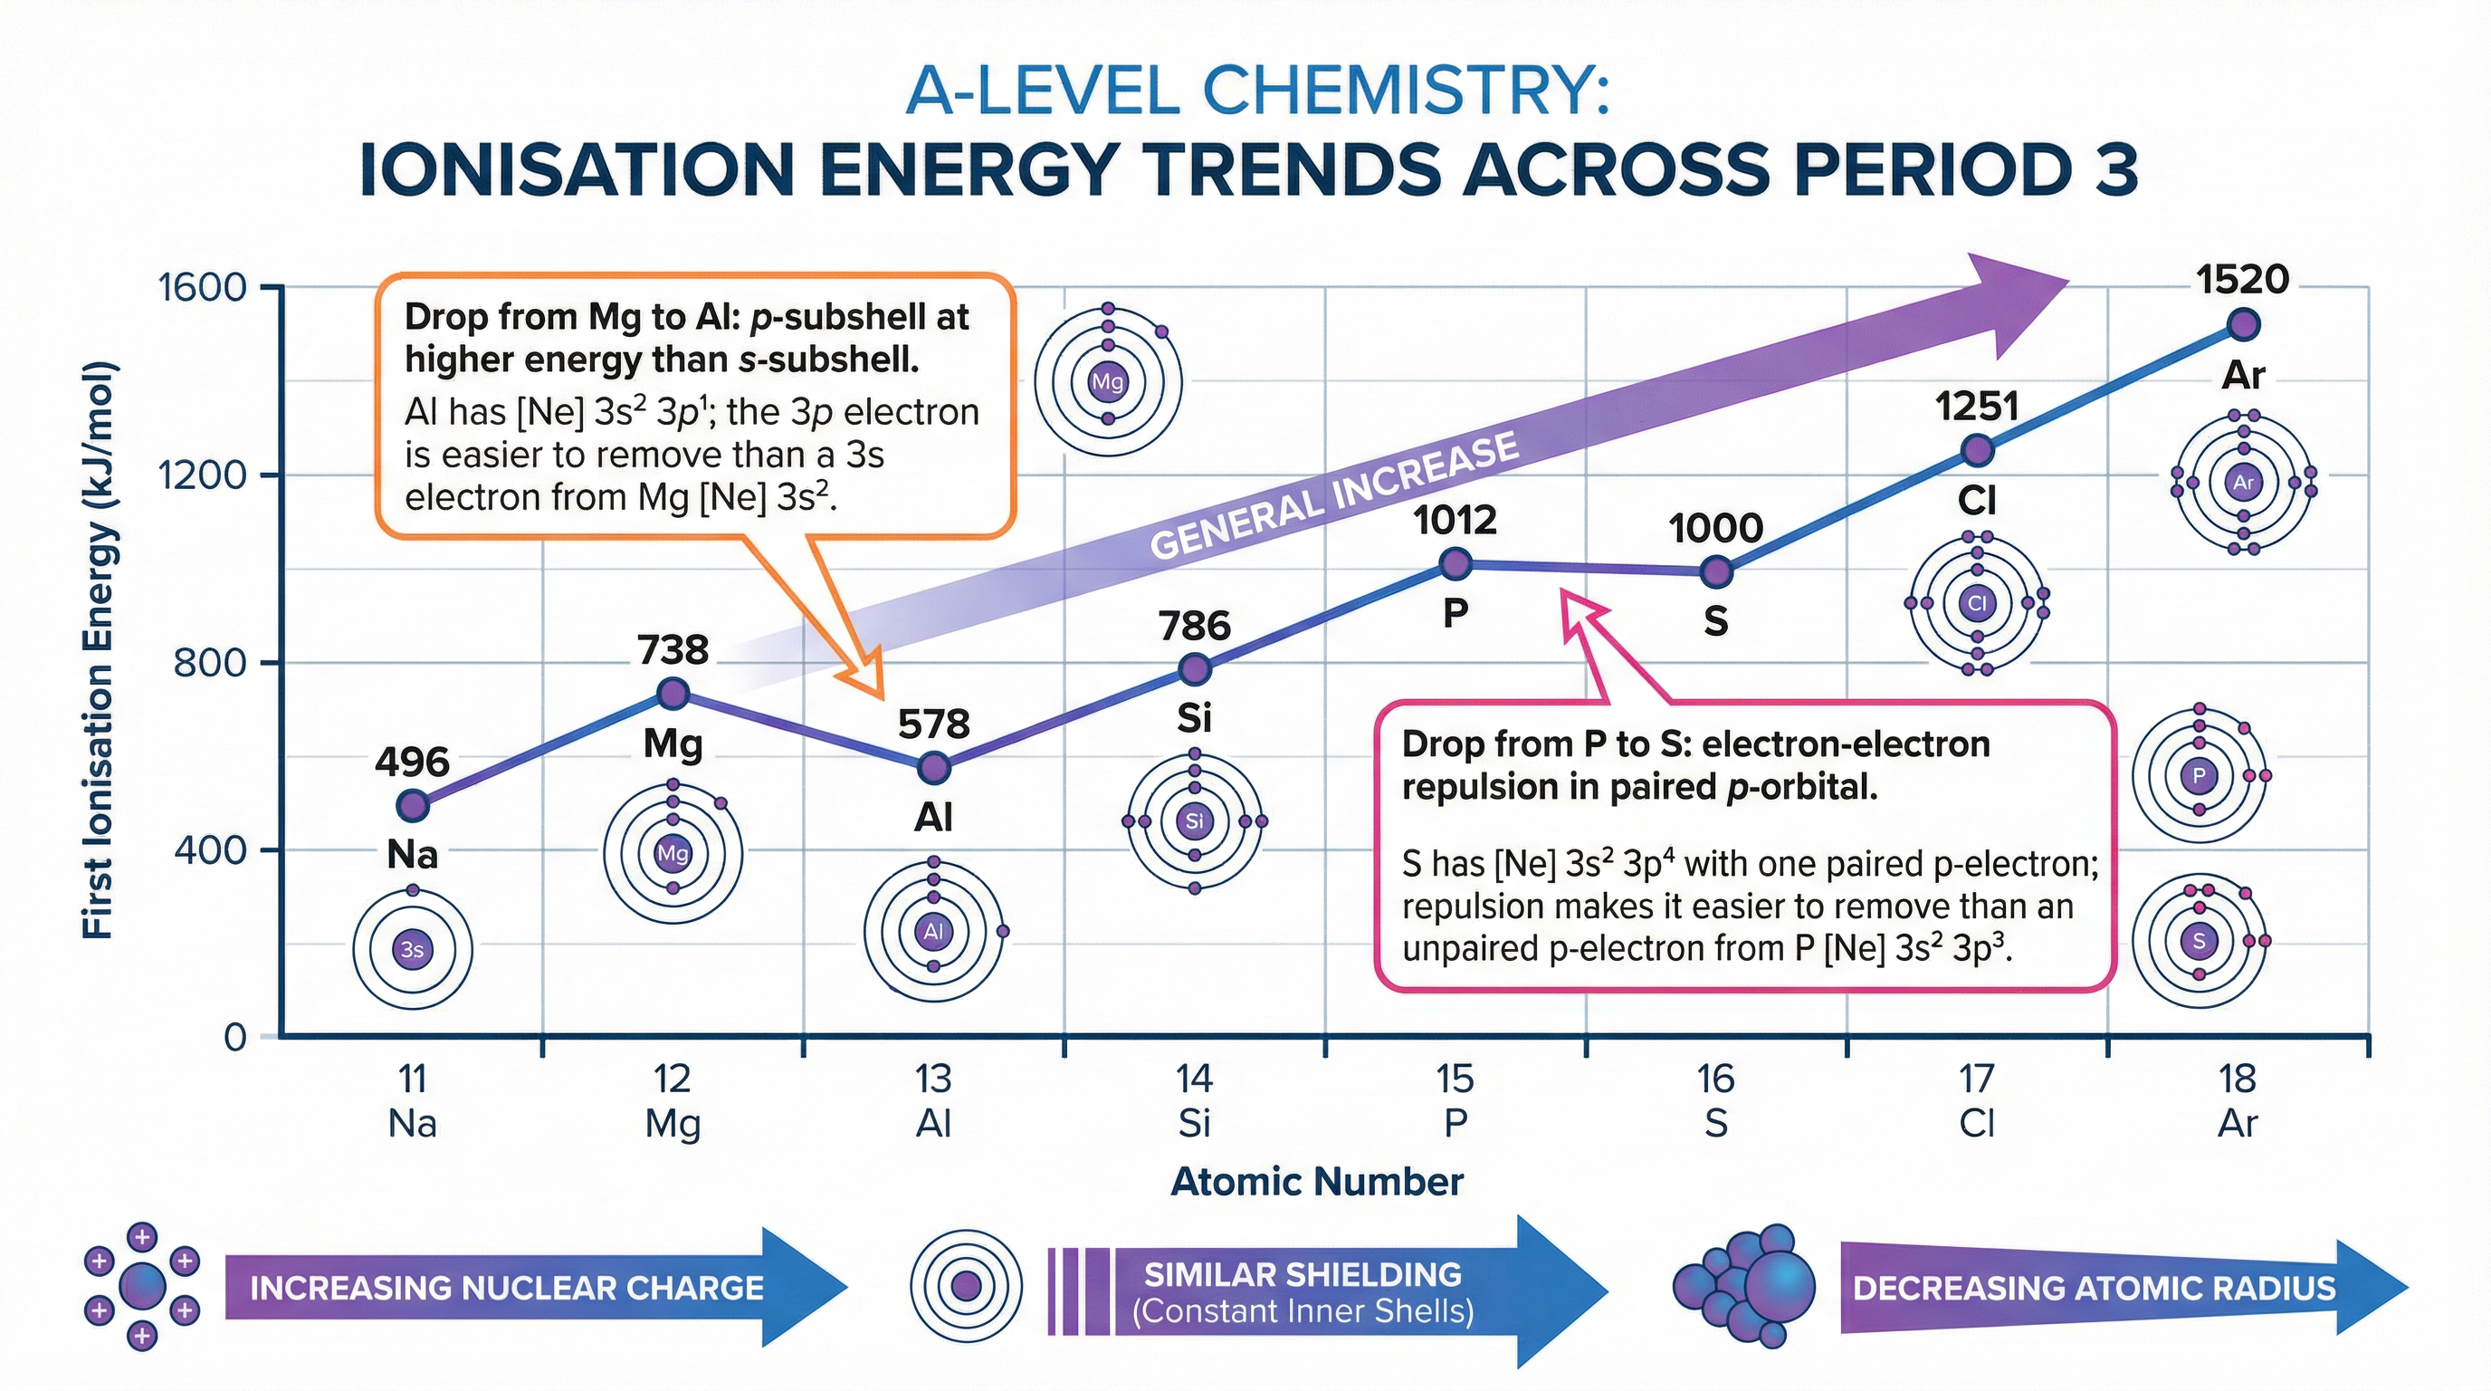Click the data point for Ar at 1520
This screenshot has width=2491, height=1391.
[x=2244, y=325]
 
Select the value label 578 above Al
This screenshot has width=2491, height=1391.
[x=933, y=724]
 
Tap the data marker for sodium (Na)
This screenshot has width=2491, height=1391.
[x=413, y=805]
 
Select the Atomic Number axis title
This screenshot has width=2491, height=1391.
[x=1316, y=1182]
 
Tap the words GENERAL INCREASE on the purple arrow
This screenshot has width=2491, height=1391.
[x=1334, y=495]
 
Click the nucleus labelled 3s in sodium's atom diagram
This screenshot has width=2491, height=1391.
[x=412, y=949]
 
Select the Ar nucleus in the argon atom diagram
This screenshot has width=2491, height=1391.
[x=2244, y=482]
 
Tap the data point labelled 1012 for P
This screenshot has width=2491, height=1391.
[x=1455, y=563]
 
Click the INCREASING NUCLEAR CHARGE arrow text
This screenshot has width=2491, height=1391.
[x=507, y=1289]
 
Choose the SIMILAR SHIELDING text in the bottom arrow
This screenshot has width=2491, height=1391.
[x=1303, y=1275]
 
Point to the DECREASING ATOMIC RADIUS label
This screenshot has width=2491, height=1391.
[x=2094, y=1289]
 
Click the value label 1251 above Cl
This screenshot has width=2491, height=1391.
[x=1977, y=407]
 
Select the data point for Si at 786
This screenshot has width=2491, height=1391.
[x=1195, y=668]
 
